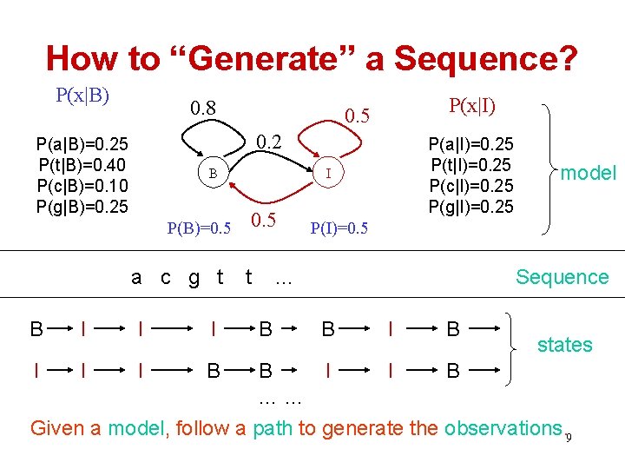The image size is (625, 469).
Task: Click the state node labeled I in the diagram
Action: tap(327, 172)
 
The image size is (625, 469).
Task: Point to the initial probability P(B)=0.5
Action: tap(199, 228)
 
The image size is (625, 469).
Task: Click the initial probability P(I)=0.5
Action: tap(339, 228)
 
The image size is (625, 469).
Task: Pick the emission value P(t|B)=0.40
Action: tap(82, 165)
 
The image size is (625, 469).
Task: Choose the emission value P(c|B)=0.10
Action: tap(82, 186)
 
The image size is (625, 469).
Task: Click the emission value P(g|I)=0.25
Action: tap(470, 207)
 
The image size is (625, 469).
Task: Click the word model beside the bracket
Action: tap(588, 173)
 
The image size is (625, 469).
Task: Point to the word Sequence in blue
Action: tap(562, 277)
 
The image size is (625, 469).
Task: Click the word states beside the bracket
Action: tap(564, 345)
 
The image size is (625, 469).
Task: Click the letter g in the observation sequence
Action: tap(194, 277)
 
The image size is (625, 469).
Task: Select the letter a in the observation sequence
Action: tap(136, 278)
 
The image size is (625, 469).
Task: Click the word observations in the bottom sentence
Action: tap(503, 428)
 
